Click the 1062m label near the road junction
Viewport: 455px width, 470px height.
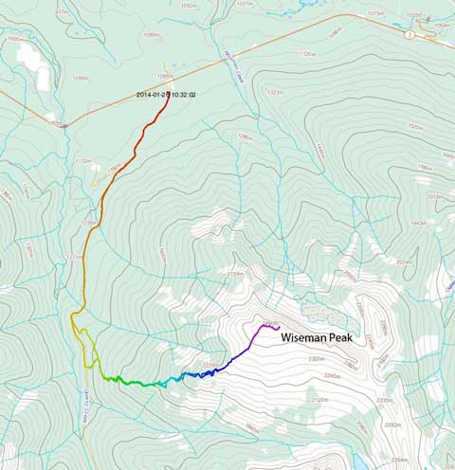[55, 123]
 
